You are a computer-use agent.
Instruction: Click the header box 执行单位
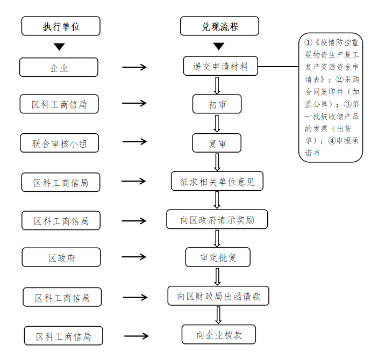[x=61, y=26]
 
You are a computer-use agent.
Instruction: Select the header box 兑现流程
[x=219, y=26]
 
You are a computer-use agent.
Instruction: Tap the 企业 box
[x=59, y=68]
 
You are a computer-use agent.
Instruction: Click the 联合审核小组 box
[x=59, y=143]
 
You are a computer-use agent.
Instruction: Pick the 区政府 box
[x=61, y=258]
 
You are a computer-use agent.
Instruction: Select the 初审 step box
[x=217, y=104]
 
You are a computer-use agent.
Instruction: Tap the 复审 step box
[x=217, y=143]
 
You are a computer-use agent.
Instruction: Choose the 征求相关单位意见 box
[x=217, y=182]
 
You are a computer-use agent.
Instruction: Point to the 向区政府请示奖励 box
[x=217, y=220]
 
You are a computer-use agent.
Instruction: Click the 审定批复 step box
[x=218, y=257]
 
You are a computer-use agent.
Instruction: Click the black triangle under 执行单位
[x=59, y=47]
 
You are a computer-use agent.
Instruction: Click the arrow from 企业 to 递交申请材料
[x=134, y=67]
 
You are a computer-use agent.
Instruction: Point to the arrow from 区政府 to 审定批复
[x=134, y=258]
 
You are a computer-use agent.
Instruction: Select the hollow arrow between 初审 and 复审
[x=217, y=123]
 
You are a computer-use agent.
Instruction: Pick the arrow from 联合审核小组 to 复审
[x=134, y=142]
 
